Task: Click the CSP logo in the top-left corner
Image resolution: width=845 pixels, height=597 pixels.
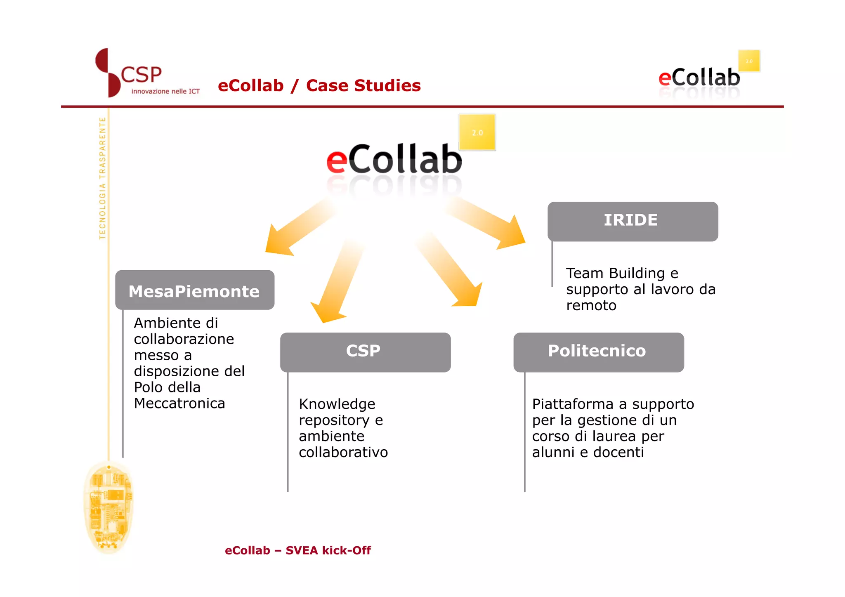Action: (128, 73)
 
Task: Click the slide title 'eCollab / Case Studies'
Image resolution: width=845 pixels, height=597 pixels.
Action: (319, 85)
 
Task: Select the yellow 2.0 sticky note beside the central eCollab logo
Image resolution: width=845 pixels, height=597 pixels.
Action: (477, 132)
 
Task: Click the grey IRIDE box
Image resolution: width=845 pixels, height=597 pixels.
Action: (632, 221)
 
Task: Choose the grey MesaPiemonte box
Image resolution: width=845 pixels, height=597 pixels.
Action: (194, 290)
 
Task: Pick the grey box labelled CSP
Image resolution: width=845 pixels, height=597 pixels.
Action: (365, 352)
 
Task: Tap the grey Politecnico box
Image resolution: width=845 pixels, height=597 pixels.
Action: (598, 352)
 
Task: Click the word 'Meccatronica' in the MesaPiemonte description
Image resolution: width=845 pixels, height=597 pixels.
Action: (179, 403)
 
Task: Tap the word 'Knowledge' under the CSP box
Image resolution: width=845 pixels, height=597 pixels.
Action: (337, 404)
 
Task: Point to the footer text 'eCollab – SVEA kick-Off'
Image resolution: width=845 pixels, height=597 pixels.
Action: (297, 550)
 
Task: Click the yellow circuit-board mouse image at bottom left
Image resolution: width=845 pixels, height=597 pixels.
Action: (109, 507)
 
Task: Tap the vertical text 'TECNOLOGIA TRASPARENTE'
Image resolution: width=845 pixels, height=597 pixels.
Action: (102, 178)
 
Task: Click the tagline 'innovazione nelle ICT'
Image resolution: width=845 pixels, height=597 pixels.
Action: (165, 91)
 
